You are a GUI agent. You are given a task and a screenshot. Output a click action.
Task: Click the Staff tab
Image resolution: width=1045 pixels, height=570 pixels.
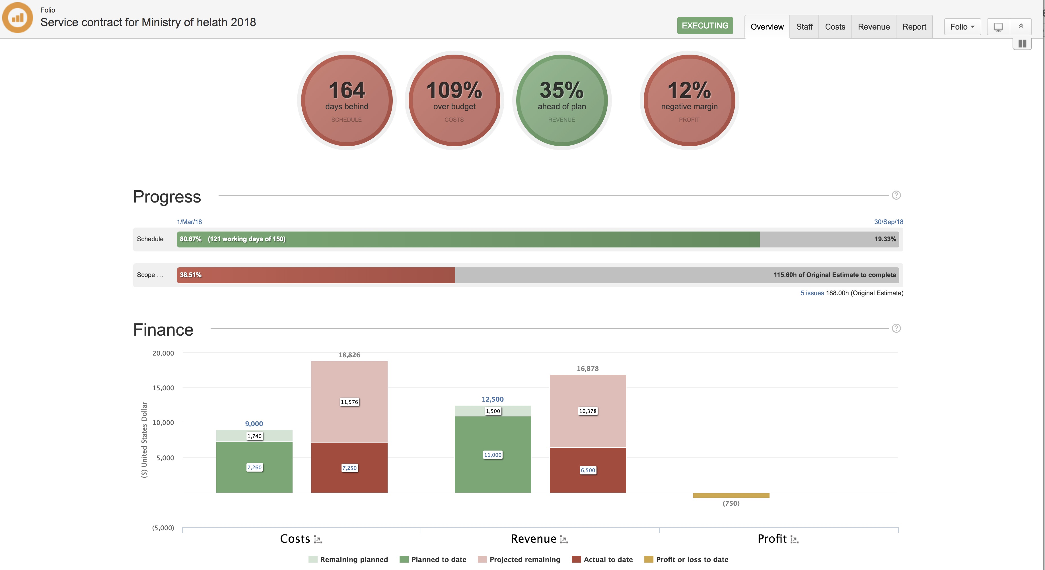click(x=804, y=27)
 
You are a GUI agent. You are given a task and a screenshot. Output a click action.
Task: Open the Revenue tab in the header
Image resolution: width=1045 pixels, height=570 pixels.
click(x=873, y=27)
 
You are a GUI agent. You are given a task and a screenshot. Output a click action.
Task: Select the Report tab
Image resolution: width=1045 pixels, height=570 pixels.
click(x=914, y=27)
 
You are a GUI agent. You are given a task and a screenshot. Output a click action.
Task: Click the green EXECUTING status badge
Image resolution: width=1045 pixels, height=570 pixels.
click(x=705, y=26)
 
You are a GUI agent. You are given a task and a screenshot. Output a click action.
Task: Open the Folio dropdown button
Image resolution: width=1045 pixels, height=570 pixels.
click(x=962, y=27)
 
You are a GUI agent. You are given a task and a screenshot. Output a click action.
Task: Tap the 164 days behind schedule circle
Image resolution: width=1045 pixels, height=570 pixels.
click(x=346, y=100)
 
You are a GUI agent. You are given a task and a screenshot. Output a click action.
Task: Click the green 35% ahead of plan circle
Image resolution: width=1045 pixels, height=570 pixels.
click(x=561, y=100)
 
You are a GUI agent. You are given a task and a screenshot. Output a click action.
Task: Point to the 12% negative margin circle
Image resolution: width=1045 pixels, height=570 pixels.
click(x=689, y=100)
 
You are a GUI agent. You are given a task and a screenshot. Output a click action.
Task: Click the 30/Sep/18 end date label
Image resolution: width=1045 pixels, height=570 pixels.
click(x=888, y=222)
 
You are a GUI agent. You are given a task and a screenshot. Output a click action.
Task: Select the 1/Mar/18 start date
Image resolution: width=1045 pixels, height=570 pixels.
click(x=189, y=222)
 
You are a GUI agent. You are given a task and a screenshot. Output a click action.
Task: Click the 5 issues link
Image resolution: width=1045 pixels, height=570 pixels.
click(x=812, y=293)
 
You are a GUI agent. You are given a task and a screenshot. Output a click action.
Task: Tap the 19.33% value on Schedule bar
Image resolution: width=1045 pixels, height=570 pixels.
click(x=885, y=239)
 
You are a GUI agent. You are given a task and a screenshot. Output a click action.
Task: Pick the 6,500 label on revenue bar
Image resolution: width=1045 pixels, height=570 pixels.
click(x=587, y=470)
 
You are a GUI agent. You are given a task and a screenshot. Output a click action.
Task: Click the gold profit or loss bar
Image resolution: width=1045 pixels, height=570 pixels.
click(x=731, y=495)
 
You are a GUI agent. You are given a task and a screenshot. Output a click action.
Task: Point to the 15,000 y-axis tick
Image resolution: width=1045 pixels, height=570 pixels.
click(x=163, y=388)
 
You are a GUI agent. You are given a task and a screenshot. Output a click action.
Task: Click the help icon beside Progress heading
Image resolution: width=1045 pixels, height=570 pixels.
click(x=896, y=195)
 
